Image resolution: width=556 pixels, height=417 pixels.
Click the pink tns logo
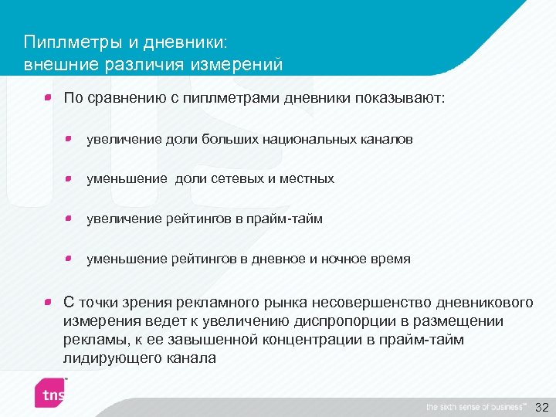[49, 395]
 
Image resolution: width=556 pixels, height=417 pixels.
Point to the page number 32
[541, 407]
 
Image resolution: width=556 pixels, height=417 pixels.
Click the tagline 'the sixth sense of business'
[476, 407]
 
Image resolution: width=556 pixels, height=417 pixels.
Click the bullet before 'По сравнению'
[48, 98]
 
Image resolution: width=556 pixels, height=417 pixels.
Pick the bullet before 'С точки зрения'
[48, 302]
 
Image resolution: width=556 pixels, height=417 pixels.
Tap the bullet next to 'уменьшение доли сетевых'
[69, 178]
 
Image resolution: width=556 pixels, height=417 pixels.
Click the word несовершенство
[382, 303]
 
